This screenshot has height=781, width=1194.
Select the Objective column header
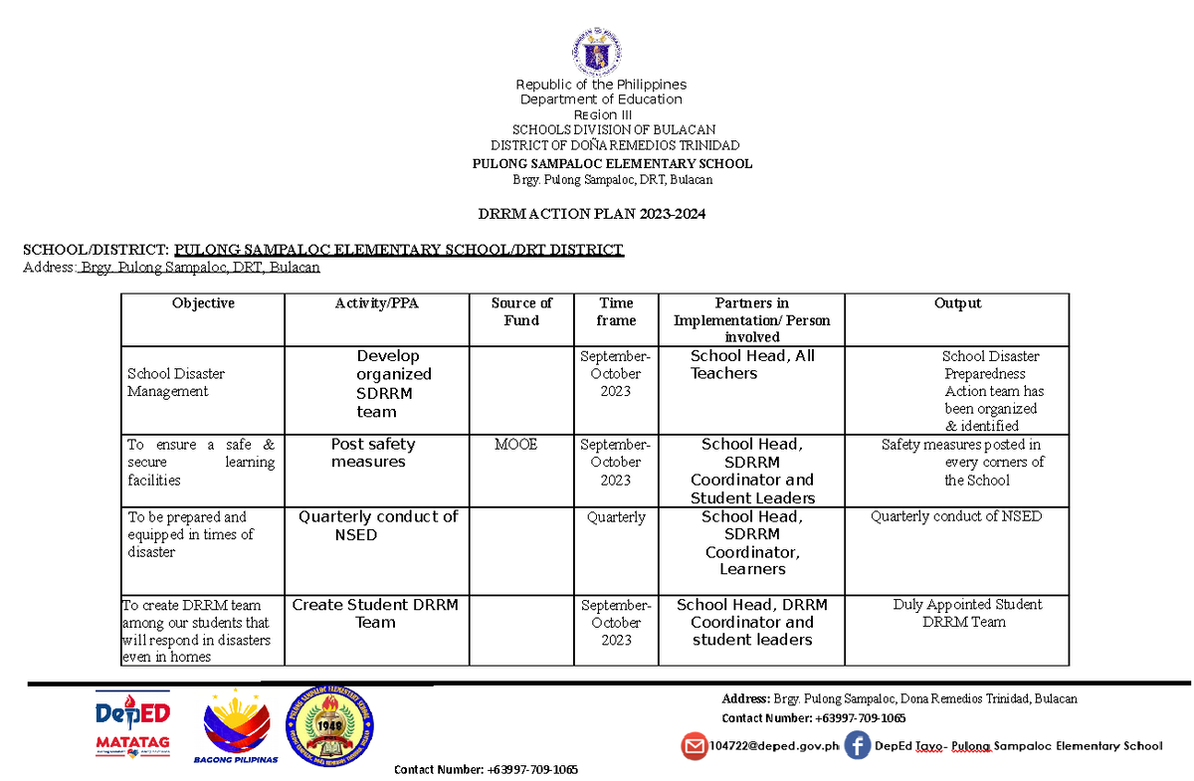202,303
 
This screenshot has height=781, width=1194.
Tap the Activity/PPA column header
376,303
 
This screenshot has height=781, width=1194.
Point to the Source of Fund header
521,311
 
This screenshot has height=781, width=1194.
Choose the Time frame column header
616,311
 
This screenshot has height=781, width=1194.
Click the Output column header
957,303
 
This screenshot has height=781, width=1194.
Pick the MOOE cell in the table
515,445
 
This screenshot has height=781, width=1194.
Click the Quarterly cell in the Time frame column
616,517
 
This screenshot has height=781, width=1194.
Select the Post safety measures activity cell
372,453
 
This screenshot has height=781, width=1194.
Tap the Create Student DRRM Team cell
375,614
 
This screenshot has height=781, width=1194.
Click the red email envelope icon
694,745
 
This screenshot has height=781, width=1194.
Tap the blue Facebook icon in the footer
857,745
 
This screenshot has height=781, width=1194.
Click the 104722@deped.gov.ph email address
774,745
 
